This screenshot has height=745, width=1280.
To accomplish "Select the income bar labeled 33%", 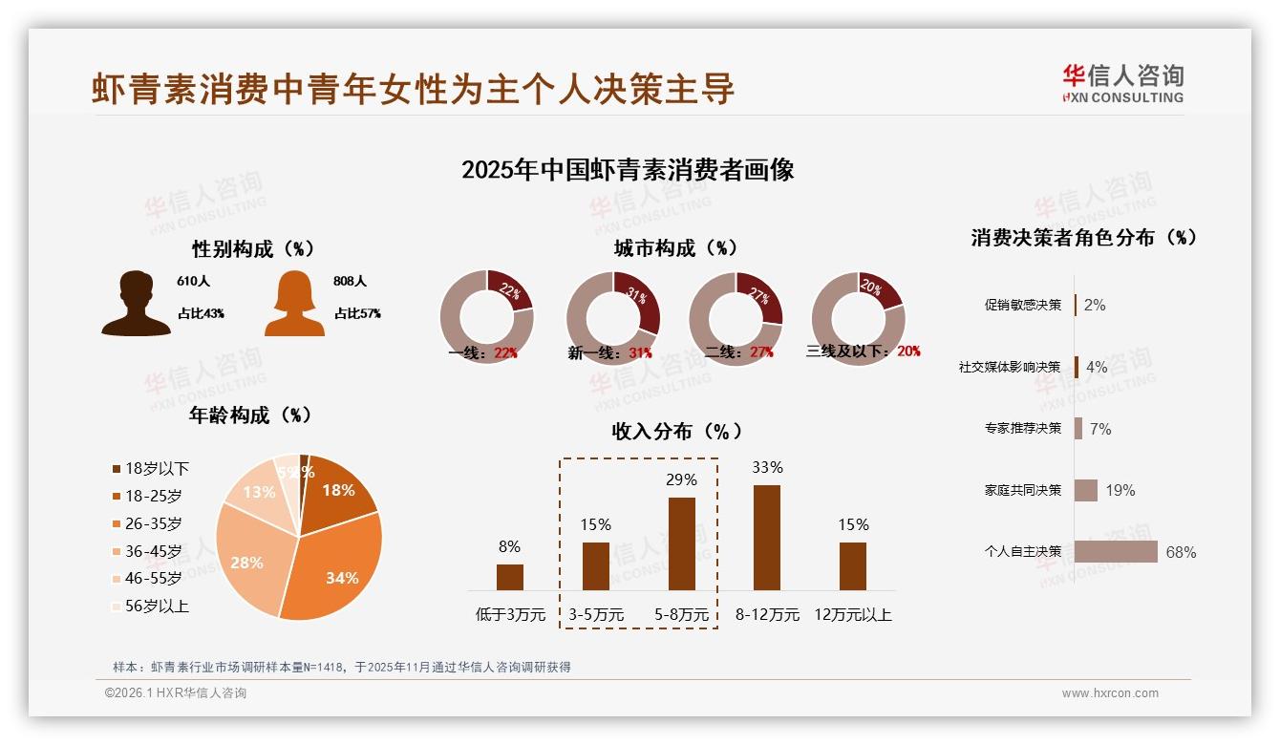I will (x=767, y=538).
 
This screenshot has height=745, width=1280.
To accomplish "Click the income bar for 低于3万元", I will (x=510, y=577).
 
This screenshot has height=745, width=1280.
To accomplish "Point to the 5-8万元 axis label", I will (x=681, y=615).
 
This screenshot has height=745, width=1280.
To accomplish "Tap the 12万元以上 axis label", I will (x=852, y=615).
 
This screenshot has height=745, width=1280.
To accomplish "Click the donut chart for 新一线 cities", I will (x=613, y=318).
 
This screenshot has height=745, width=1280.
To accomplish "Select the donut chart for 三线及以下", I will (x=858, y=318).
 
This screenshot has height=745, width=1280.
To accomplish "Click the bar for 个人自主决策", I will (x=1115, y=552).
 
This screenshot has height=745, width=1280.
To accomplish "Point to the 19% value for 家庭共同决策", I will (x=1120, y=491).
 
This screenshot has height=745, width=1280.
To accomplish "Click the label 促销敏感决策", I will (x=1023, y=306).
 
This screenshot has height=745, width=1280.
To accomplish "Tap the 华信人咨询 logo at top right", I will (x=1122, y=84).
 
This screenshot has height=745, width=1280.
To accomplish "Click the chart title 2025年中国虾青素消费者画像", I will (x=628, y=171).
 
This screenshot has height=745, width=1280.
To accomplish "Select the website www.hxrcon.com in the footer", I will (x=1110, y=693).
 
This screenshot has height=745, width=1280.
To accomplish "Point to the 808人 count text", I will (x=351, y=282).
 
